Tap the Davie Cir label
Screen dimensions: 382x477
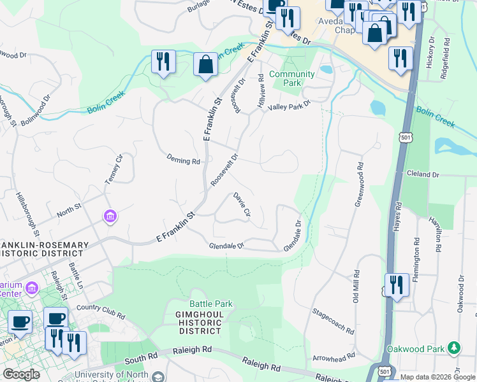tap(242, 204)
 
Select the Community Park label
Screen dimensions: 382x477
tap(292, 78)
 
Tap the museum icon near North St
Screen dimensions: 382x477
tap(111, 218)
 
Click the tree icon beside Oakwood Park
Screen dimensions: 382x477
tap(453, 348)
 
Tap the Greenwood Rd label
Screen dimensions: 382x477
tap(359, 184)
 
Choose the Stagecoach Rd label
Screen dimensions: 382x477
tap(333, 322)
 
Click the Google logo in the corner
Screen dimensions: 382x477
tap(21, 374)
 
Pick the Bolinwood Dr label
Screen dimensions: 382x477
tap(35, 111)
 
